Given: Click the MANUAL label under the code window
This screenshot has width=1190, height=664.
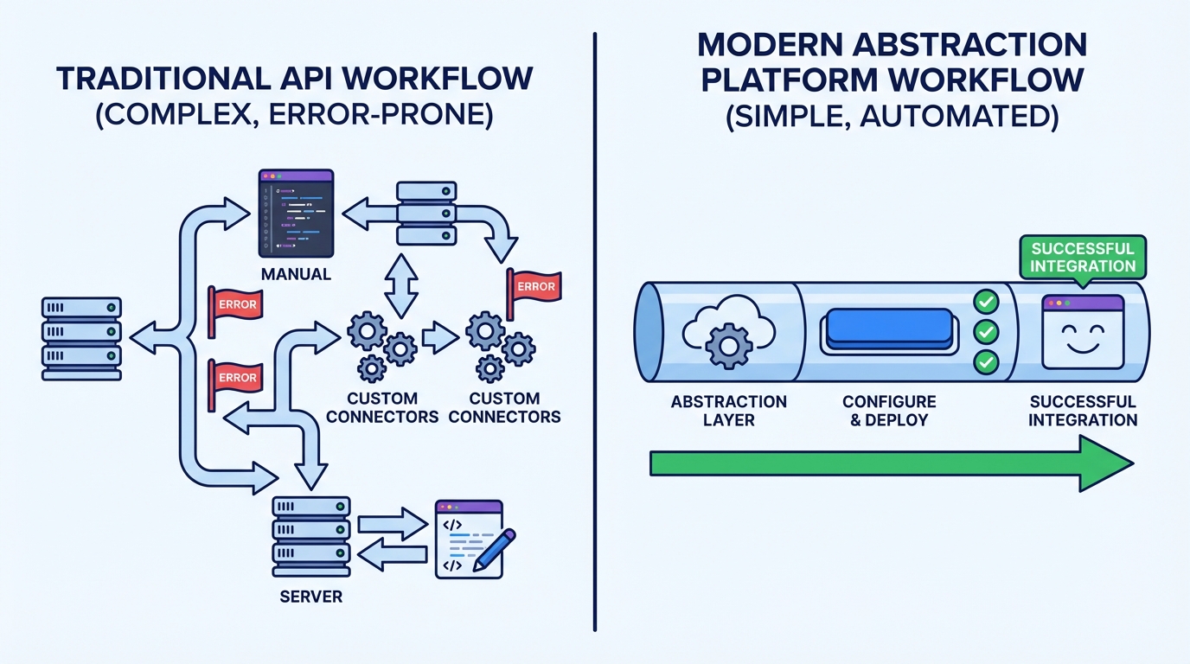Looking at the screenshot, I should (x=296, y=274).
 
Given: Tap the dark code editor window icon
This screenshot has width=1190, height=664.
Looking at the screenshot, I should (x=297, y=214).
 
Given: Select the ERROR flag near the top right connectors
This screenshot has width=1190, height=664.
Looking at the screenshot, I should (x=534, y=285).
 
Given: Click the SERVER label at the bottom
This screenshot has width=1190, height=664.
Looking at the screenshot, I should (x=310, y=597).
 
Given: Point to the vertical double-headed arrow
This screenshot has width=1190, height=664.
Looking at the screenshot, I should (x=400, y=284).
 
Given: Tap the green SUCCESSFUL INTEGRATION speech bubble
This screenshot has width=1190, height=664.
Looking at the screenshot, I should (x=1083, y=257).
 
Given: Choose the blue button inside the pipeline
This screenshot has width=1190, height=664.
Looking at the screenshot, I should (x=889, y=329).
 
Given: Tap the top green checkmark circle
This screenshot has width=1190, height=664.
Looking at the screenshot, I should (x=986, y=302).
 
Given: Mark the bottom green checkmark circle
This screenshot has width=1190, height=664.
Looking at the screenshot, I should (x=986, y=361).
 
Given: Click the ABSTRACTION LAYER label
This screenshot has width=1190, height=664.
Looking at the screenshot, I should (x=728, y=411).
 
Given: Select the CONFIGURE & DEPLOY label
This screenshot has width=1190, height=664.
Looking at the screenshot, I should (x=889, y=411).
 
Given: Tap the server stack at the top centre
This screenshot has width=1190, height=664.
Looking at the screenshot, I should (x=426, y=213).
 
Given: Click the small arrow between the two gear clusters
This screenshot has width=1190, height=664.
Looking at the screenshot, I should (x=440, y=338).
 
